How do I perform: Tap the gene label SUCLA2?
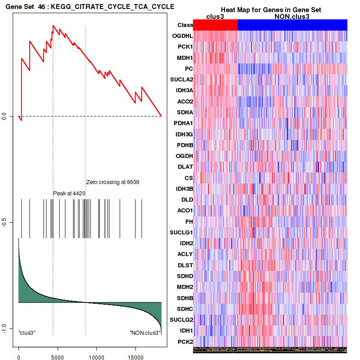[182, 80]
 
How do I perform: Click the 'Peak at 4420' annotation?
[69, 193]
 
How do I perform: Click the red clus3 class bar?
[215, 25]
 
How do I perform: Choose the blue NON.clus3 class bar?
[292, 25]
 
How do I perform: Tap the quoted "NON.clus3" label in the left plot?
[145, 333]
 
